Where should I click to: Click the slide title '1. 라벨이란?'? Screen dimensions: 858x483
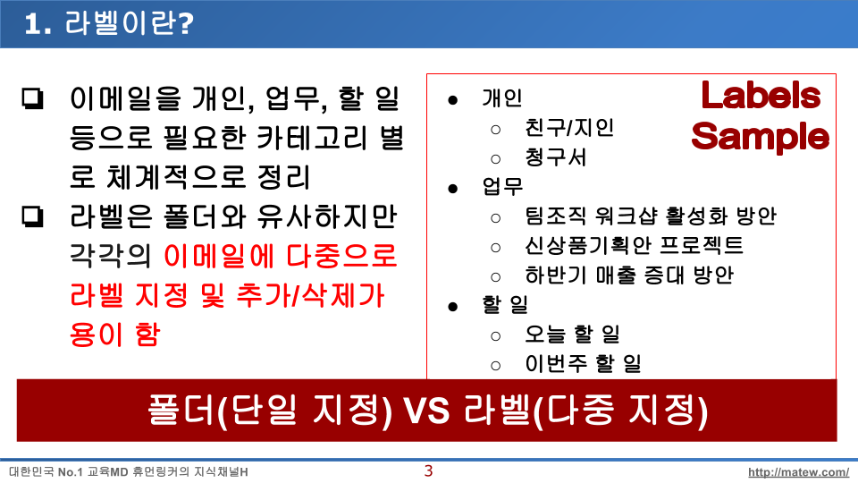pyautogui.click(x=109, y=23)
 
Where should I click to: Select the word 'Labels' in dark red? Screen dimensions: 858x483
pyautogui.click(x=761, y=96)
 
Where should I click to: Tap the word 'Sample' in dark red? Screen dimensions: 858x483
pyautogui.click(x=760, y=137)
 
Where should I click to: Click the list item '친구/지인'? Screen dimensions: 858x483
pyautogui.click(x=569, y=128)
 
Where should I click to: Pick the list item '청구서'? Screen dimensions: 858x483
pyautogui.click(x=555, y=157)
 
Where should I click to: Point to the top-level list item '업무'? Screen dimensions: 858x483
pyautogui.click(x=502, y=187)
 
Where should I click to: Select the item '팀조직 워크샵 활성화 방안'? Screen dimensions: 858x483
pyautogui.click(x=651, y=216)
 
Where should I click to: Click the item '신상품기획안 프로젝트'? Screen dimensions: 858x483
pyautogui.click(x=635, y=245)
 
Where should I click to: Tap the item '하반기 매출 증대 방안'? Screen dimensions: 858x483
pyautogui.click(x=629, y=275)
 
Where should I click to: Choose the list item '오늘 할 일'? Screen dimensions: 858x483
pyautogui.click(x=572, y=334)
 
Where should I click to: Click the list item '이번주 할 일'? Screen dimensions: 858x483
pyautogui.click(x=583, y=363)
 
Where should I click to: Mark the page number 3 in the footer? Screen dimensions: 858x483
pyautogui.click(x=428, y=471)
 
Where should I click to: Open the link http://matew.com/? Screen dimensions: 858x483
pyautogui.click(x=798, y=472)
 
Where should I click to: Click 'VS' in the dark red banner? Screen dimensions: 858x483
pyautogui.click(x=427, y=411)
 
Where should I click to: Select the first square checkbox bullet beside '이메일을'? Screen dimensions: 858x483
pyautogui.click(x=32, y=98)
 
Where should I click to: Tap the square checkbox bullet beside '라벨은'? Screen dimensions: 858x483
pyautogui.click(x=32, y=216)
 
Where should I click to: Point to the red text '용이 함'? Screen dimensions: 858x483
pyautogui.click(x=115, y=334)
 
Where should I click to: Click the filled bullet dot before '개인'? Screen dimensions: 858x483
pyautogui.click(x=452, y=100)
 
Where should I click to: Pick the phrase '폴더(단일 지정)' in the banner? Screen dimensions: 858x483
pyautogui.click(x=270, y=411)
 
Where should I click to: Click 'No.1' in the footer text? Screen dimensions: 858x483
pyautogui.click(x=70, y=472)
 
